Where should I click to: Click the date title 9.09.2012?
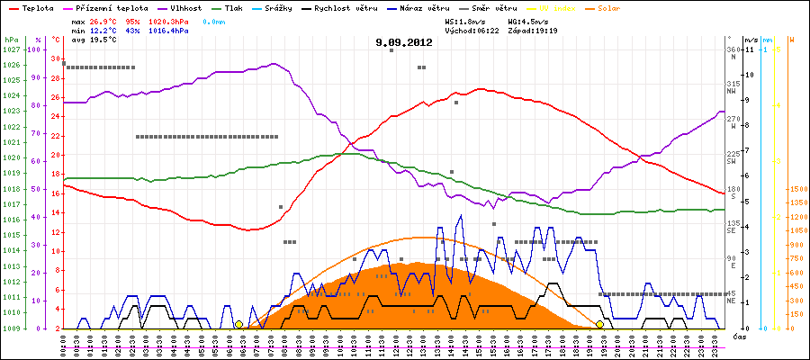click(x=404, y=41)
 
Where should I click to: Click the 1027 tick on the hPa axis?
click(x=11, y=49)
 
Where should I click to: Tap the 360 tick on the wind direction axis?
click(x=733, y=49)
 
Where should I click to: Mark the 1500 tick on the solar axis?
click(x=796, y=190)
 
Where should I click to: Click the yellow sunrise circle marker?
click(x=238, y=324)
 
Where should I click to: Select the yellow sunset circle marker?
click(x=600, y=324)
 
